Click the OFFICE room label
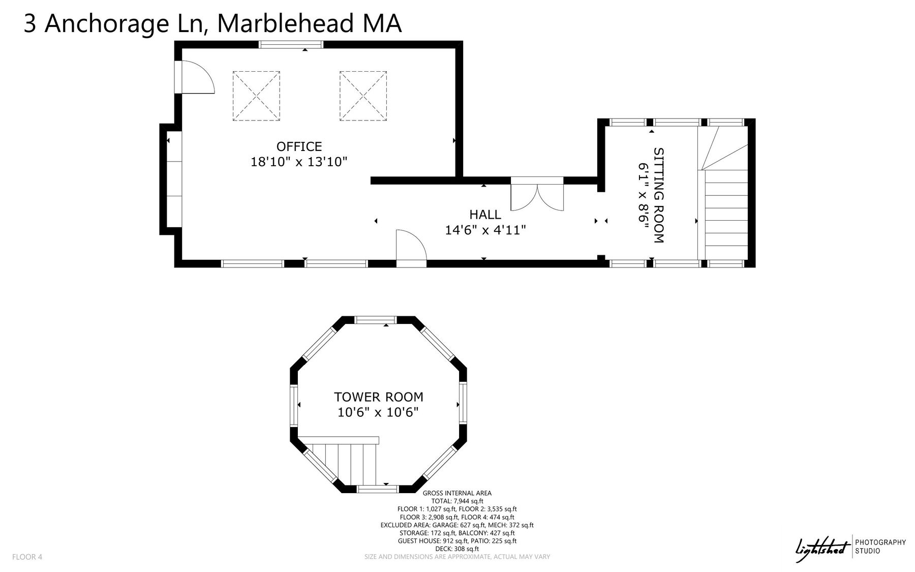coord(299,146)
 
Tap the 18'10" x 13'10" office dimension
coord(299,162)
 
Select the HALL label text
coord(485,215)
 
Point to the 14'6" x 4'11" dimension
coord(485,230)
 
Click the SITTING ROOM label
coord(659,195)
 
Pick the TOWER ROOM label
coord(378,397)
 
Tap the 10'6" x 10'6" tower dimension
coord(378,412)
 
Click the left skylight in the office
coord(256,96)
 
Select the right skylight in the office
coord(363,96)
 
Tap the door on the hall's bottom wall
coord(411,248)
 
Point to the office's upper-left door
coord(194,77)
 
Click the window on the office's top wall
coord(291,45)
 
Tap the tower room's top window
coord(376,320)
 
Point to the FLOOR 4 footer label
coord(27,557)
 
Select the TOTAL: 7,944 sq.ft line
coord(457,501)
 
